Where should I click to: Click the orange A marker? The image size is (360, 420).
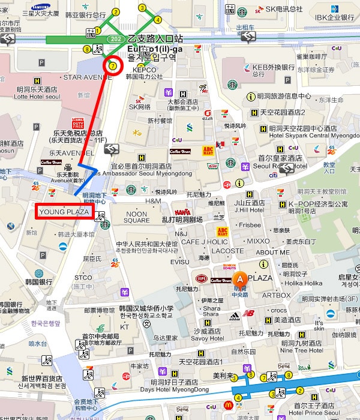240,278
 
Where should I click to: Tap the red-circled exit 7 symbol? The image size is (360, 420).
112,65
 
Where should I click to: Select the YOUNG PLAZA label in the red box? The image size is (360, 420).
64,212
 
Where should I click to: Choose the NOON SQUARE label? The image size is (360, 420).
137,217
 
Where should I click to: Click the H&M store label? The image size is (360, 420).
153,201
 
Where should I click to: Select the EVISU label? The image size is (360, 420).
179,262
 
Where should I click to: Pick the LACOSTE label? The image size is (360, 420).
228,251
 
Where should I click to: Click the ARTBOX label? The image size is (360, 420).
276,295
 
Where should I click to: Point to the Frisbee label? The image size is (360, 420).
250,225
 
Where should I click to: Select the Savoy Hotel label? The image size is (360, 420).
208,338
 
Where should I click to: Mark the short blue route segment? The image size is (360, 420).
85,178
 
